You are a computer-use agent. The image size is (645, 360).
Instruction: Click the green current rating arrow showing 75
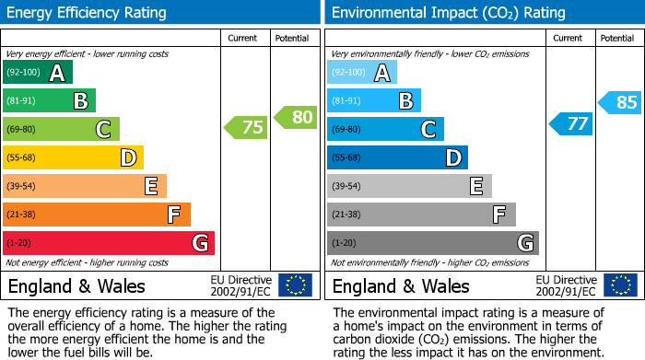(x=246, y=128)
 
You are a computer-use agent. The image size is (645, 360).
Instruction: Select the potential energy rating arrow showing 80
(x=295, y=117)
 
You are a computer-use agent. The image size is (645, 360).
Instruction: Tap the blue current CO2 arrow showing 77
(x=571, y=123)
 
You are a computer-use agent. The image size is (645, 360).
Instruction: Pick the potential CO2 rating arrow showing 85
(x=620, y=102)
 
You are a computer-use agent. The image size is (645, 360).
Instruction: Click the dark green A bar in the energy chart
(x=38, y=73)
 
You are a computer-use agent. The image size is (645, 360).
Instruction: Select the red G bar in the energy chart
(x=109, y=243)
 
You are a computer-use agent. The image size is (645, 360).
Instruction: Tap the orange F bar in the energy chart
(x=97, y=215)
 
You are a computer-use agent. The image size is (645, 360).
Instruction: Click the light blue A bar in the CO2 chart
(x=362, y=73)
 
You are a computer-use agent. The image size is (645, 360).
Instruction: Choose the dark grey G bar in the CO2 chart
(x=433, y=243)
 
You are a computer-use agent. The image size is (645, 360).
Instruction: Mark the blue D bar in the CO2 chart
(x=397, y=157)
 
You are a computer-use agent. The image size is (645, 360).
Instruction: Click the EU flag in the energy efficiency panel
(x=296, y=285)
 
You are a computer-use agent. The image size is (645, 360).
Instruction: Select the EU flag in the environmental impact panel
(x=620, y=285)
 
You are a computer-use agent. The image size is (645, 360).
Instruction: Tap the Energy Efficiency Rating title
(x=88, y=13)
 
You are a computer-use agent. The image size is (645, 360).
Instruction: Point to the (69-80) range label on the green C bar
(x=22, y=130)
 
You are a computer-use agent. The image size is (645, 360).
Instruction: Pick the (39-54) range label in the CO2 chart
(x=346, y=187)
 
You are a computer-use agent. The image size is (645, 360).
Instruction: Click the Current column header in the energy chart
(x=244, y=38)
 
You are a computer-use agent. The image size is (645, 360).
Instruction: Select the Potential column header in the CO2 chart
(x=616, y=38)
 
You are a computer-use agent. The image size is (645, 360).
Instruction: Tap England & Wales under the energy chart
(x=75, y=285)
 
